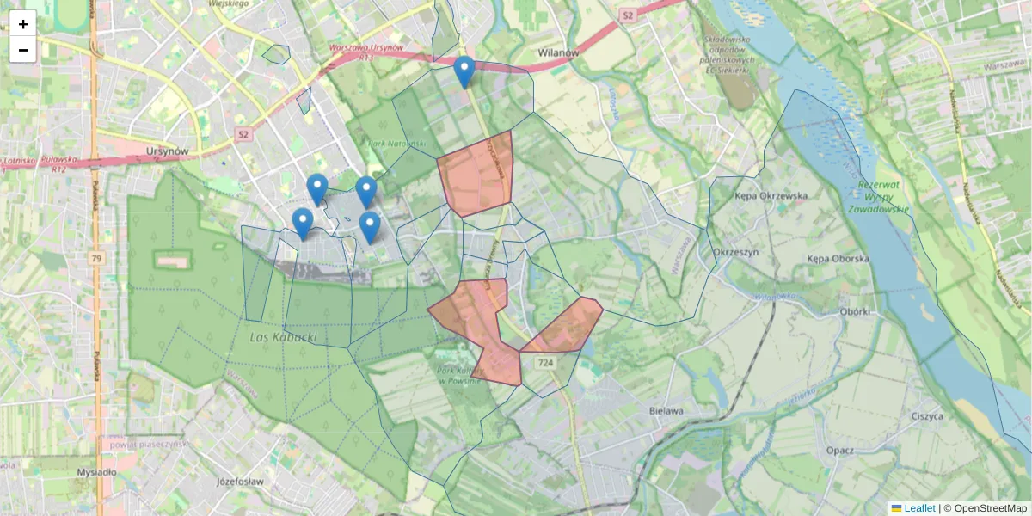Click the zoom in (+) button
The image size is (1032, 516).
23,24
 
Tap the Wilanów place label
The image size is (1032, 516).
558,52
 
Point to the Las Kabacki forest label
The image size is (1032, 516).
283,337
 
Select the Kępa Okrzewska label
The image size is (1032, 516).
771,195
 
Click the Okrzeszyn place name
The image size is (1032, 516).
735,252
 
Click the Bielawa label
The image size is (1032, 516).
666,411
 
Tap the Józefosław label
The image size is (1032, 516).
240,482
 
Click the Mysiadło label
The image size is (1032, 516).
96,472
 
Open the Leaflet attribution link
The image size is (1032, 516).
918,508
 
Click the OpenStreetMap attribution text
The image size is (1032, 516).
990,508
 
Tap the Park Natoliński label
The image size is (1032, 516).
396,144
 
